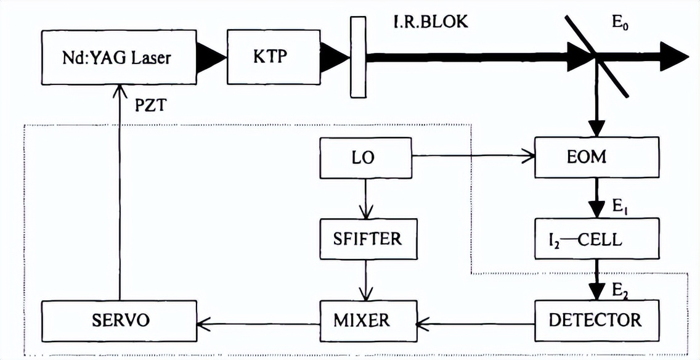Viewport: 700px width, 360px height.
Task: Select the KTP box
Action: [270, 57]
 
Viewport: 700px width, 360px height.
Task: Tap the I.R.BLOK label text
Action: [431, 22]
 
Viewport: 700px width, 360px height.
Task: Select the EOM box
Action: [596, 157]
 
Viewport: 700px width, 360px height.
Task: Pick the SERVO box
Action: [119, 320]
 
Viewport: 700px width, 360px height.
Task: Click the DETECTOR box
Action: [596, 320]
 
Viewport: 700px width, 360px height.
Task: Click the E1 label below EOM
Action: [620, 208]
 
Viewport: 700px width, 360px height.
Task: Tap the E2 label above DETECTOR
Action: [620, 287]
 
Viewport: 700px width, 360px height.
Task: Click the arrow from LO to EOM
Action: [474, 157]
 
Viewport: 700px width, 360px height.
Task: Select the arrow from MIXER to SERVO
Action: [259, 321]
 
